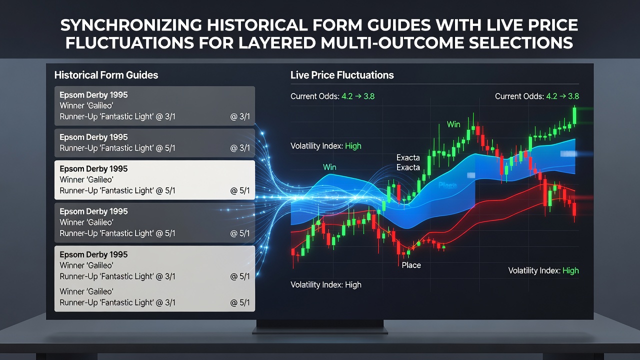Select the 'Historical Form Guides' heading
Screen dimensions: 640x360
point(106,75)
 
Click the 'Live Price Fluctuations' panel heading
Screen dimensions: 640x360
point(342,75)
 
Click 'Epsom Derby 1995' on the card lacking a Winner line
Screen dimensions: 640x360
point(93,137)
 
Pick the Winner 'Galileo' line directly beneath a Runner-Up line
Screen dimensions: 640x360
point(86,291)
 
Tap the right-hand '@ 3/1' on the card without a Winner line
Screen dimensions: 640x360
point(240,148)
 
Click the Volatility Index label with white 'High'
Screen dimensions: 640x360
point(325,285)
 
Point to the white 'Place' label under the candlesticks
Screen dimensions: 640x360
point(411,265)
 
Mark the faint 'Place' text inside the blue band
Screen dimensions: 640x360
point(447,185)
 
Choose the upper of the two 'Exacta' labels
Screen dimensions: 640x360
point(408,157)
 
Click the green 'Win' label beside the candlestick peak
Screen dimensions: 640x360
point(453,124)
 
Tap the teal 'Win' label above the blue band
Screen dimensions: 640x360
point(329,167)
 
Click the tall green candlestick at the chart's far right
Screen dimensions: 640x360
point(574,115)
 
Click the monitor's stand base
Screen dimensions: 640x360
point(320,331)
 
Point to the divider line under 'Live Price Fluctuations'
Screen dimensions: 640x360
point(434,84)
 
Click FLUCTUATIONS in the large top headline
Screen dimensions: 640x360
point(129,43)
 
